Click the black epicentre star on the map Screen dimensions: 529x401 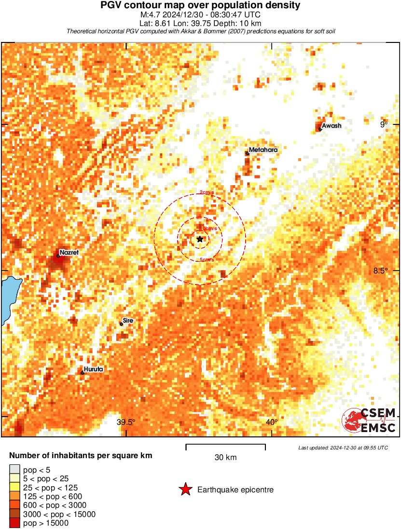pos(200,239)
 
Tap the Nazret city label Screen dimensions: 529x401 pos(69,252)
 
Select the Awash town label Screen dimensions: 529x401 pos(332,126)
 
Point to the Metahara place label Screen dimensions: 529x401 pos(263,150)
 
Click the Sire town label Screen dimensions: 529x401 pos(128,320)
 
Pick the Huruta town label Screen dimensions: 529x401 pos(93,369)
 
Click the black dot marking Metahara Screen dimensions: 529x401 pos(247,153)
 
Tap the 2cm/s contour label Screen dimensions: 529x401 pos(207,192)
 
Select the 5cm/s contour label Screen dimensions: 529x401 pos(207,260)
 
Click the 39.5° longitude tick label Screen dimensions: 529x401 pos(126,422)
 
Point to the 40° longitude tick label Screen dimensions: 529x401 pos(272,422)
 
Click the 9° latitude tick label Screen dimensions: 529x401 pos(384,124)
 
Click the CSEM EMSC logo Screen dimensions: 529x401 pos(369,420)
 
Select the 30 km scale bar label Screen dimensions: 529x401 pos(225,458)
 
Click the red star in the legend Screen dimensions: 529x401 pos(185,489)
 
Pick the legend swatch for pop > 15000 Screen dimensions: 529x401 pos(14,523)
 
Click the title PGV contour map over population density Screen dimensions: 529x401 pos(200,5)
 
